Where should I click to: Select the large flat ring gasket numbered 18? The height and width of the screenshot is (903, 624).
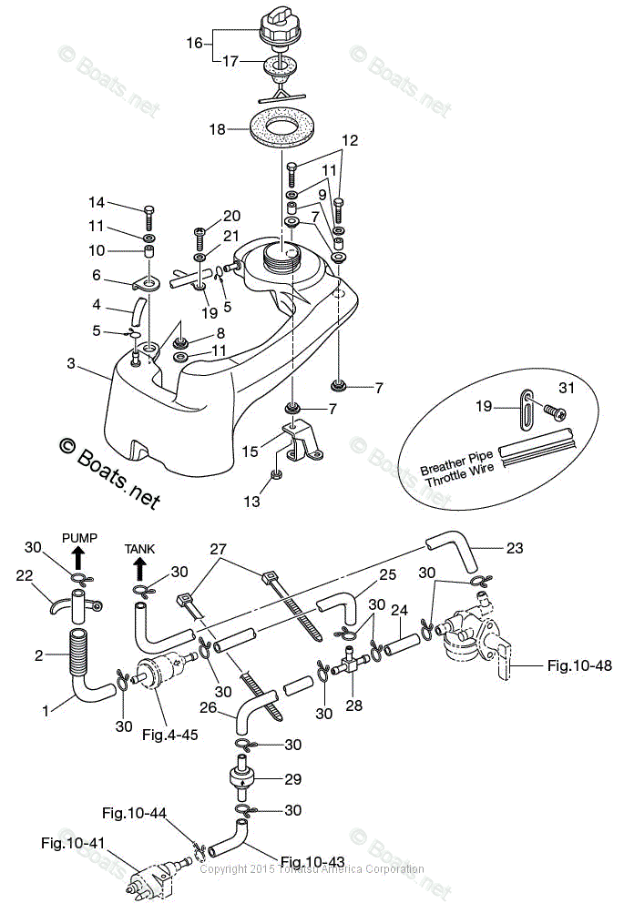click(281, 128)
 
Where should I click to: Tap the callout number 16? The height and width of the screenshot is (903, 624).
click(194, 43)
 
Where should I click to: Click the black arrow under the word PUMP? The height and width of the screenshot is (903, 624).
click(79, 557)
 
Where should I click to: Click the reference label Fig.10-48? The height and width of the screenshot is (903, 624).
click(579, 665)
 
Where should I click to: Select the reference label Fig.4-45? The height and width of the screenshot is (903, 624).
click(170, 735)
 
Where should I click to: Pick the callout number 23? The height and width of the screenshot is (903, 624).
click(515, 548)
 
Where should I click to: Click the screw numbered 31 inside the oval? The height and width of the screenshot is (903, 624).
click(553, 411)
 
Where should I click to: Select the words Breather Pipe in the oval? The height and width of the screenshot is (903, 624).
click(456, 462)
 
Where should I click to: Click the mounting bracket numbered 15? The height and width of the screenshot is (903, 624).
click(301, 441)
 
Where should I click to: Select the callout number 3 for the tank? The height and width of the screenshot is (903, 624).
click(71, 363)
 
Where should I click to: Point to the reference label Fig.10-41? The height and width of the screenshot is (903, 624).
click(73, 843)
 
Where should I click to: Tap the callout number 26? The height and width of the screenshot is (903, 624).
click(208, 706)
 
